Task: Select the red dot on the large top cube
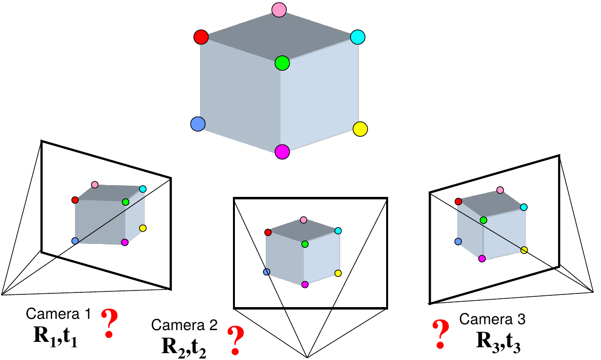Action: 201,37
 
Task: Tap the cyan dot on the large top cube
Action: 358,37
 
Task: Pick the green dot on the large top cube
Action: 282,63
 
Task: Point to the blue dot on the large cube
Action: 197,124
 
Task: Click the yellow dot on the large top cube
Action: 360,129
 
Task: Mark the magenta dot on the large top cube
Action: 282,152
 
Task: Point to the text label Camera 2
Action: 185,325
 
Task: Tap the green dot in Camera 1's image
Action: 125,202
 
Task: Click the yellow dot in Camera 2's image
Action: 338,273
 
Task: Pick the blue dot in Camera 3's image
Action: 458,241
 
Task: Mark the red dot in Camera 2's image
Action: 268,232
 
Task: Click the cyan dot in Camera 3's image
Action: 524,207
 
